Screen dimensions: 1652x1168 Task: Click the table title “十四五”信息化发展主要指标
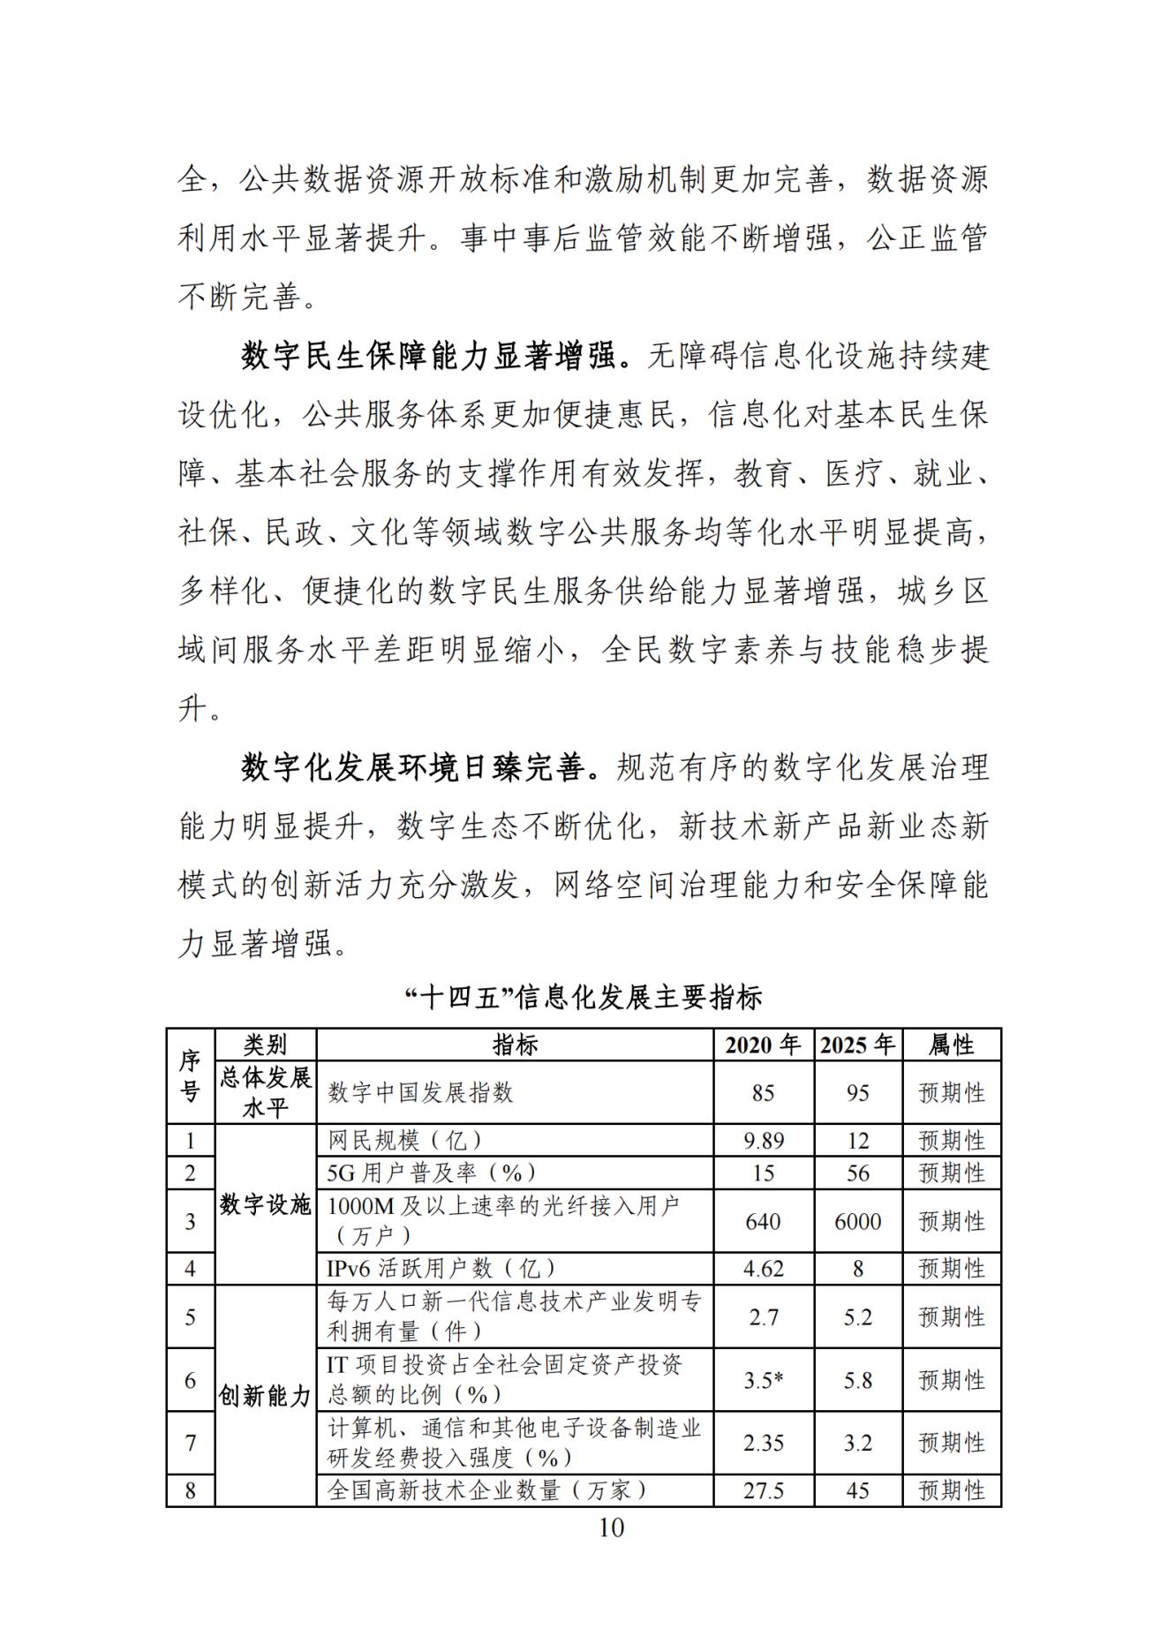tap(584, 998)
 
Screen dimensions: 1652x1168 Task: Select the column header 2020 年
tap(763, 1045)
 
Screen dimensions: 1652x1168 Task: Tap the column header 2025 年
tap(857, 1045)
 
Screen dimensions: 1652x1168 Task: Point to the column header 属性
tap(951, 1045)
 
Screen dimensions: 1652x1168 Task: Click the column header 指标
tap(515, 1045)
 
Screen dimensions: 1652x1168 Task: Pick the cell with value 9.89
tap(763, 1141)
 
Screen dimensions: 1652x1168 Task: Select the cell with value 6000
tap(857, 1221)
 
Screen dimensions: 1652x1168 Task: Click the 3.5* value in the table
tap(763, 1380)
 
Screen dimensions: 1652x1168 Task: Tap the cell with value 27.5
tap(763, 1490)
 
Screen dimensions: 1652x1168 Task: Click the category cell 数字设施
tap(266, 1205)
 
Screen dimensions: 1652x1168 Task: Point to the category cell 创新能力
tap(266, 1396)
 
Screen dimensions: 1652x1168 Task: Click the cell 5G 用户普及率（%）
tap(432, 1173)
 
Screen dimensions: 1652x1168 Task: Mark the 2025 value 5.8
tap(857, 1380)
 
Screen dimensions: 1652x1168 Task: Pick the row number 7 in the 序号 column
tap(190, 1443)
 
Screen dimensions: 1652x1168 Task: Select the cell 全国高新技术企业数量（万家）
tap(487, 1490)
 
